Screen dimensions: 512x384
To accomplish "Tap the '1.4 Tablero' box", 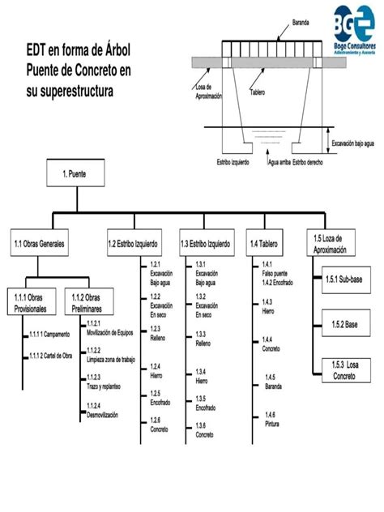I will click(269, 242).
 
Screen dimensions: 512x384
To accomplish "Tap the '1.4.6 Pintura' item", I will click(271, 419).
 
